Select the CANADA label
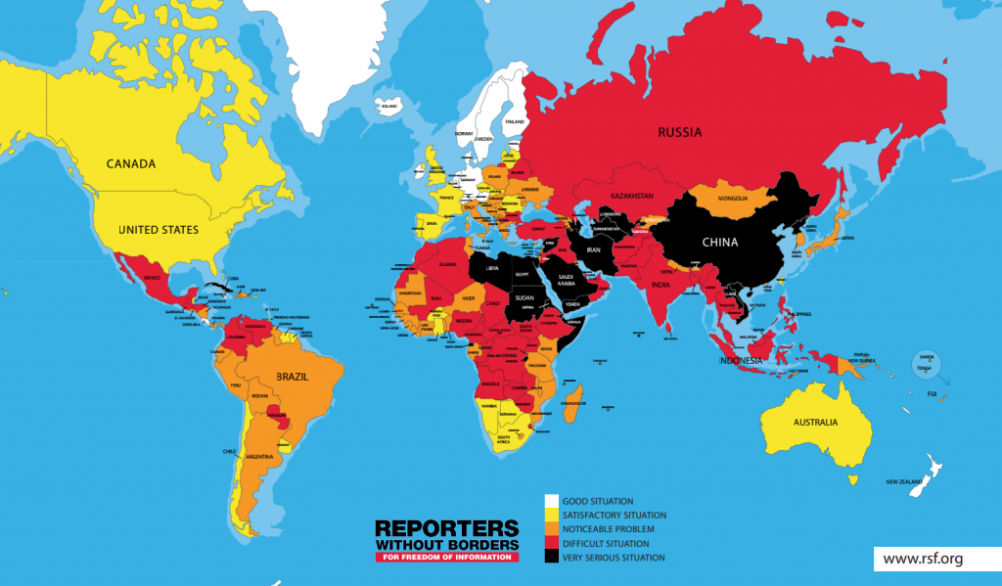coord(131,163)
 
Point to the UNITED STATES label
coord(159,230)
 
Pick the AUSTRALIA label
coord(815,423)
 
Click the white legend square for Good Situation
coord(551,501)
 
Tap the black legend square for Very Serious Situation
coord(551,557)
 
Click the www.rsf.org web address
coord(923,559)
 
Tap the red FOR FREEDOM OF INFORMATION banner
coord(446,557)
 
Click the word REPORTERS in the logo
coord(446,525)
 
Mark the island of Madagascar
coord(575,404)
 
